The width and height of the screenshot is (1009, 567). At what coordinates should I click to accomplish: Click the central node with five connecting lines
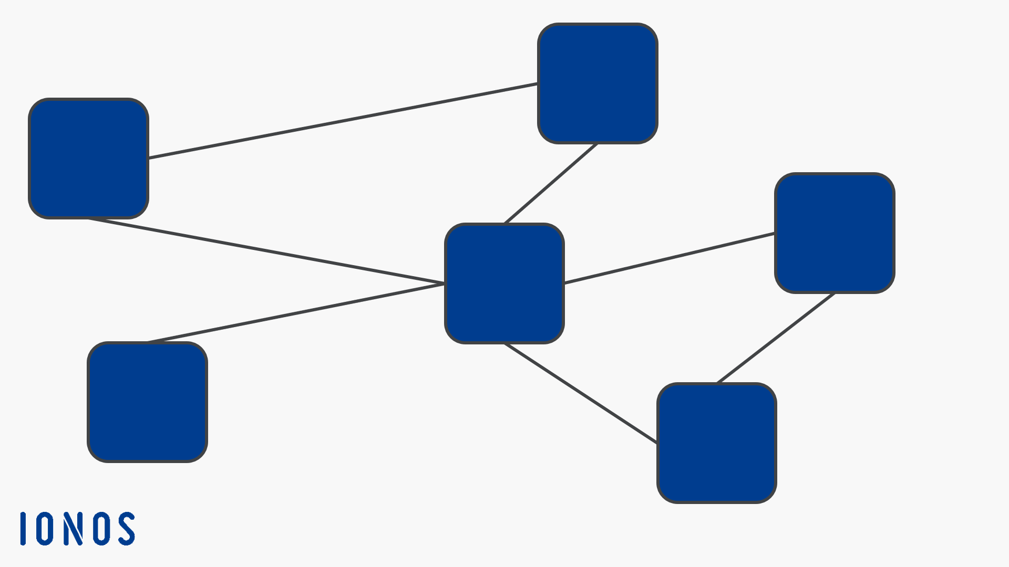point(504,283)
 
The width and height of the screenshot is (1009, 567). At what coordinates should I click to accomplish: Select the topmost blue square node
point(598,83)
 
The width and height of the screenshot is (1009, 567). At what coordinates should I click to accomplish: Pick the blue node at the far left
point(88,158)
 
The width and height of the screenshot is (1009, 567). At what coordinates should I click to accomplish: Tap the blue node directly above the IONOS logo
point(147,402)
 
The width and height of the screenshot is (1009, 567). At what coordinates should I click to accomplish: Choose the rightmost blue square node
point(835,233)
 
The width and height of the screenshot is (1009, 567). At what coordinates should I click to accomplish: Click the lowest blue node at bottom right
point(717,443)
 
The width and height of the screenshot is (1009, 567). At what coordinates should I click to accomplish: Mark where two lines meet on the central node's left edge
point(445,283)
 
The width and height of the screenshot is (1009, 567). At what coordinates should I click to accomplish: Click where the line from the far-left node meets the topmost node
point(538,83)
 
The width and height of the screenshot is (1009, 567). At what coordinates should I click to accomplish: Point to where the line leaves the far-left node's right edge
point(149,157)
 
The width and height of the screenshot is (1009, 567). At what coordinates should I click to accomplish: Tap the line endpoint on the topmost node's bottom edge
point(598,143)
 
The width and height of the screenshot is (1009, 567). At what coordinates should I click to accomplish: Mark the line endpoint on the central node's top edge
point(504,223)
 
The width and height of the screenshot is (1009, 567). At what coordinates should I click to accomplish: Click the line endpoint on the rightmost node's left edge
point(775,233)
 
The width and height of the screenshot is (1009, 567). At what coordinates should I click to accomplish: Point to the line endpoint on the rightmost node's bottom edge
point(835,293)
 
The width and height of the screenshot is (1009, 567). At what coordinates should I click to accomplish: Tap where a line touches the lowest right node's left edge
point(657,443)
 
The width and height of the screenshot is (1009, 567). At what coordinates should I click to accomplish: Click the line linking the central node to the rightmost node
point(670,258)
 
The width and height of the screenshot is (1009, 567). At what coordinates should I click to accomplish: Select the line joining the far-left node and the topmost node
point(343,120)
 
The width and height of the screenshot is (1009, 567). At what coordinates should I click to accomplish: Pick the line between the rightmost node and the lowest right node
point(776,338)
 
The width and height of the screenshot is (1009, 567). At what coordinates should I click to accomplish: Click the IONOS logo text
point(78,529)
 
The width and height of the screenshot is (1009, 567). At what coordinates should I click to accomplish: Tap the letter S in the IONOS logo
point(126,529)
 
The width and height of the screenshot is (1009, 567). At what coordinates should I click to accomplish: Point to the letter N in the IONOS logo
point(74,529)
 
